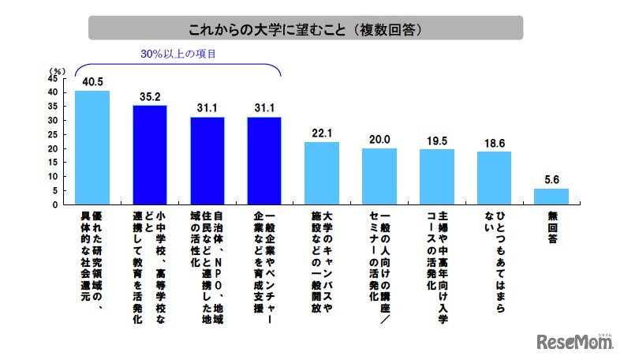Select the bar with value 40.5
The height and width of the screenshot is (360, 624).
point(92,148)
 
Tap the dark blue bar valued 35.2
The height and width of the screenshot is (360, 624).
point(149,155)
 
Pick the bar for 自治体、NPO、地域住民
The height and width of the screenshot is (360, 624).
point(207,161)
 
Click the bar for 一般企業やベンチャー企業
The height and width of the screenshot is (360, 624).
point(264,161)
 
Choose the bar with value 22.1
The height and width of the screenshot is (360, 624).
point(322,174)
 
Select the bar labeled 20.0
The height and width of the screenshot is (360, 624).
point(379,176)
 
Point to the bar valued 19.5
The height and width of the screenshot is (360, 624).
point(437,177)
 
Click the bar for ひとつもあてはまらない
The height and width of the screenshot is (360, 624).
point(495,178)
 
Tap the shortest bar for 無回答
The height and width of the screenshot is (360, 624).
point(551,197)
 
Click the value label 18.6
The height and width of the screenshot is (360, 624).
point(495,143)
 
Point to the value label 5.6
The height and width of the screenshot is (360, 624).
point(551,179)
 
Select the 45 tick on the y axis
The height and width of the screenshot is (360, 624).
point(52,78)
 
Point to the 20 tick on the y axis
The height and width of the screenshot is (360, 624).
point(52,148)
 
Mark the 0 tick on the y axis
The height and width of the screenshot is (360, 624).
point(54,204)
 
